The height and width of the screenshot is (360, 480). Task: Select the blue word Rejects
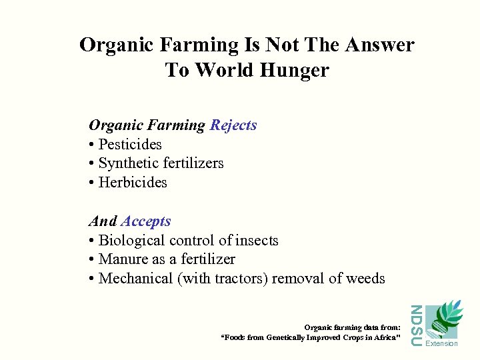[233, 125]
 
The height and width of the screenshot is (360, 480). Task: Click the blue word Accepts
[146, 221]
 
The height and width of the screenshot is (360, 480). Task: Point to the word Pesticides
[130, 145]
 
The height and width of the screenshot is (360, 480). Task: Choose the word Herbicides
[133, 183]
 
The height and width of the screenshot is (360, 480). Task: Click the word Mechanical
[136, 279]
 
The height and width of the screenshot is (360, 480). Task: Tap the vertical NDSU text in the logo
[415, 325]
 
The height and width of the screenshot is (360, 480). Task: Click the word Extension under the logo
[441, 344]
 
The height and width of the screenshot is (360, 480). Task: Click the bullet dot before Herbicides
[91, 183]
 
